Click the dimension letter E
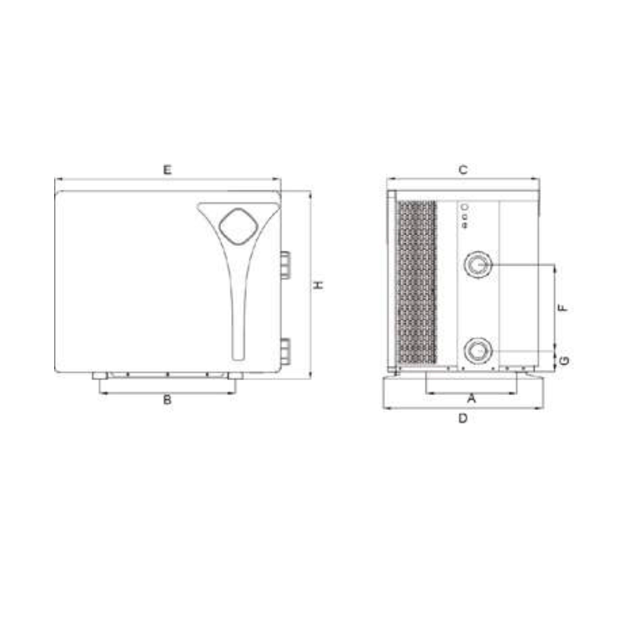tap(167, 169)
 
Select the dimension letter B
tap(167, 399)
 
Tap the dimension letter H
tap(318, 285)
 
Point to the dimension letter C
tap(462, 169)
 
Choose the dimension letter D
tap(462, 419)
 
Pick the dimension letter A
tap(472, 398)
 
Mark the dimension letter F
tap(563, 307)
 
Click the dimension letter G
tap(564, 360)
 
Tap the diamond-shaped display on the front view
tap(238, 226)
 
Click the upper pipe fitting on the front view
tap(285, 265)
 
